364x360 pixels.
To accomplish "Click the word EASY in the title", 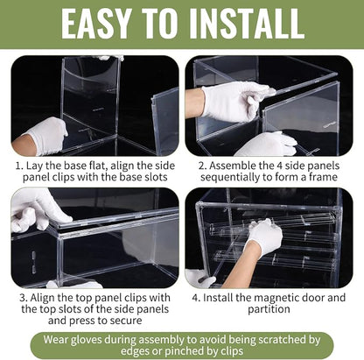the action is coord(95,24).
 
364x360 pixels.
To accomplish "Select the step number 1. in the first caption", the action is coord(19,166).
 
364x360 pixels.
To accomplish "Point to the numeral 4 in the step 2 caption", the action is coord(278,166).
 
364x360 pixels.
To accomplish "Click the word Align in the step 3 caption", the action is coord(42,298).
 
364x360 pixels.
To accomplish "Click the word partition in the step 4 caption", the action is coord(269,309).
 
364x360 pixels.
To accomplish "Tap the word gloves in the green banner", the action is coord(87,340).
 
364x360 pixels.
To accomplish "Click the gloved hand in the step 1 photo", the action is coord(47,135).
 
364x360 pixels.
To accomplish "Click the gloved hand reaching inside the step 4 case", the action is coord(265,236).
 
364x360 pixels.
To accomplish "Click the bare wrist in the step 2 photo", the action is coord(194,103).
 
